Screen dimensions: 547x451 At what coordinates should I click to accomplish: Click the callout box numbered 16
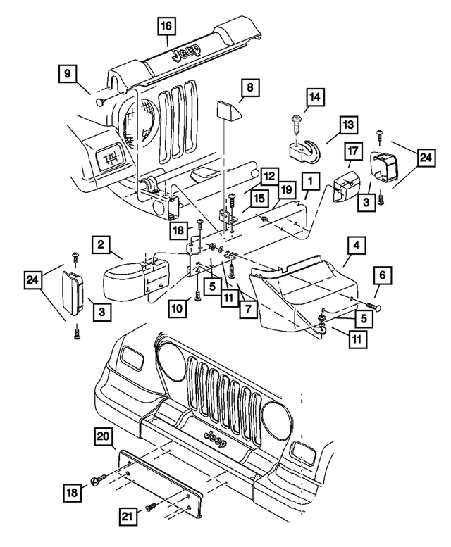(x=167, y=27)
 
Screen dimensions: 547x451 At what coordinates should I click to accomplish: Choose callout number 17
(x=354, y=152)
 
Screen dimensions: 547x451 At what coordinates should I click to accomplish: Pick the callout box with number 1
(x=309, y=182)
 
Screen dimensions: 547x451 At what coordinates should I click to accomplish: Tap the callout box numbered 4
(x=357, y=246)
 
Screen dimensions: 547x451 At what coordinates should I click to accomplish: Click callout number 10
(x=179, y=306)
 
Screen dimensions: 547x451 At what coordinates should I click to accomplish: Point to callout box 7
(x=247, y=308)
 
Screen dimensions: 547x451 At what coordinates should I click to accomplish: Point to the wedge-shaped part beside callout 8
(x=227, y=112)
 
